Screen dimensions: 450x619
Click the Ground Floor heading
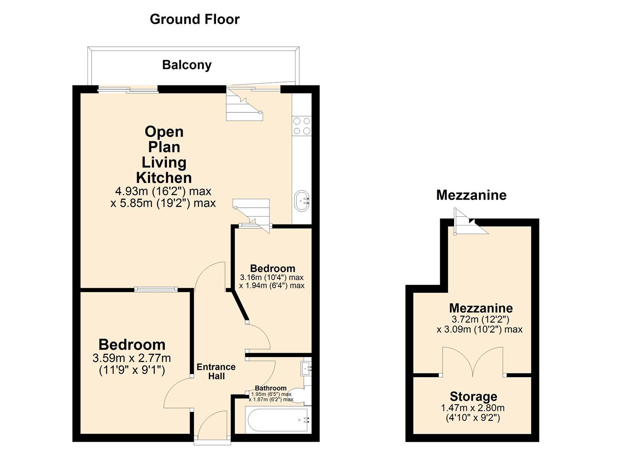tap(195, 19)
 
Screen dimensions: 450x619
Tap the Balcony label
tap(187, 65)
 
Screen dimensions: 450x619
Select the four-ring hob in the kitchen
tap(302, 126)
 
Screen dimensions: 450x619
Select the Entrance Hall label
tap(216, 371)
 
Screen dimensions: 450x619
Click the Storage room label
tap(473, 396)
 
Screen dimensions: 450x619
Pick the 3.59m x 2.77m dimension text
tap(132, 358)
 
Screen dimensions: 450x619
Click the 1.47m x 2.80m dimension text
tap(473, 408)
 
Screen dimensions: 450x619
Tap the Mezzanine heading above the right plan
tap(471, 195)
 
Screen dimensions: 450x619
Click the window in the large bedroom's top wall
tap(156, 289)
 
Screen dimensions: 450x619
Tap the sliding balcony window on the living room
tap(128, 89)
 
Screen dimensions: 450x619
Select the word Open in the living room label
tap(164, 132)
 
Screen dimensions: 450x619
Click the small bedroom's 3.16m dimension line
tap(271, 277)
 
